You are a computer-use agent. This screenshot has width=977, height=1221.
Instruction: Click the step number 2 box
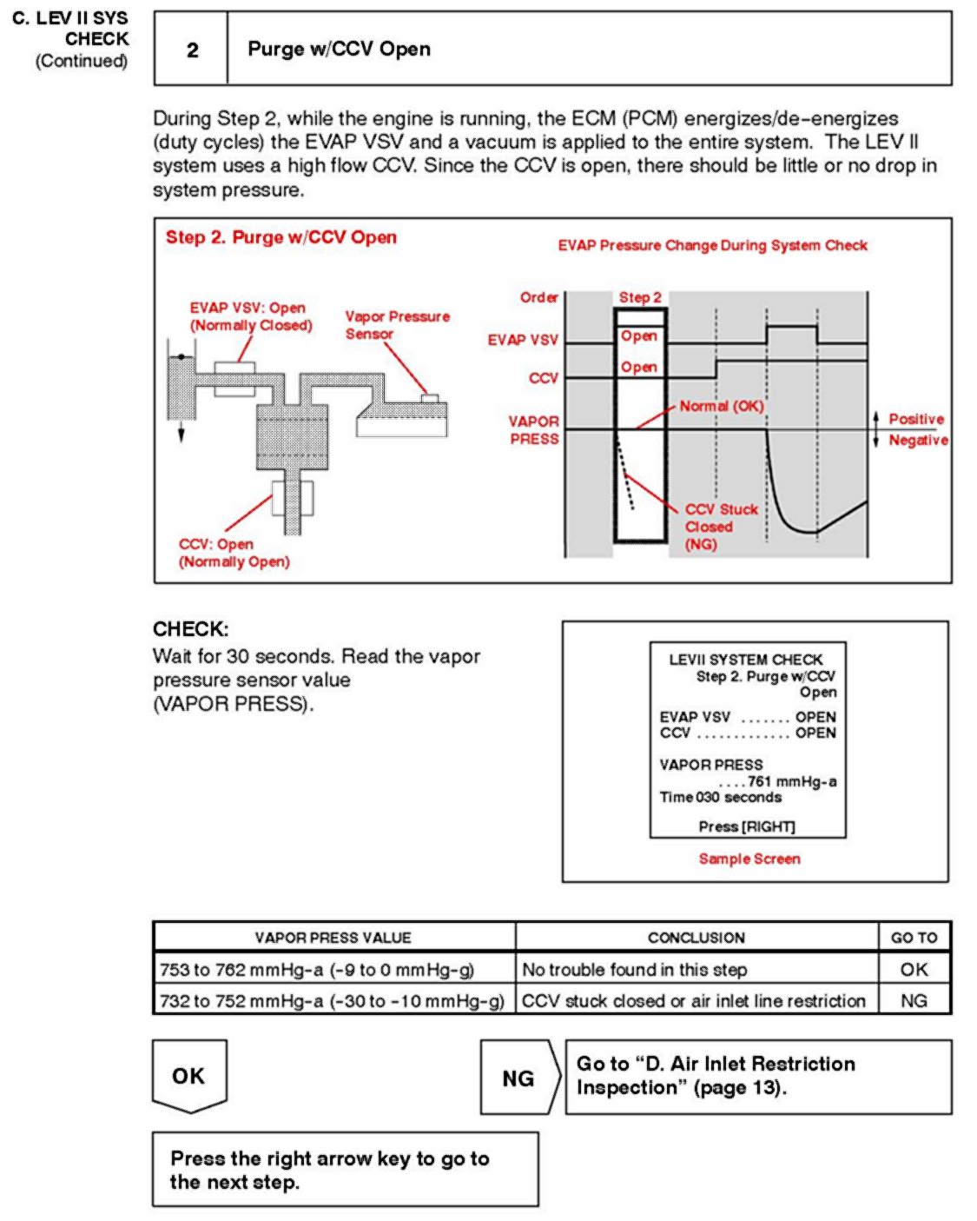192,50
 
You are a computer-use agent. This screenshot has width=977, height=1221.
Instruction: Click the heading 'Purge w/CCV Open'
339,50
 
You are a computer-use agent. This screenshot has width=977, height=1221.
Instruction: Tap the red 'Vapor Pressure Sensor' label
397,325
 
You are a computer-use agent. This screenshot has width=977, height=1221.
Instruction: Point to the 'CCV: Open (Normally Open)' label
234,553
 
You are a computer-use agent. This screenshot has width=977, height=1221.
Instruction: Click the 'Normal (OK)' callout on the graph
721,406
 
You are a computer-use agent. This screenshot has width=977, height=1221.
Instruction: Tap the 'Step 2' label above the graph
640,297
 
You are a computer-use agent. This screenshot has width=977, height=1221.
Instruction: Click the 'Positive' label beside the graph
915,419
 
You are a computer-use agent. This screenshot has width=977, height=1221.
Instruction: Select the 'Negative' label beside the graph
918,441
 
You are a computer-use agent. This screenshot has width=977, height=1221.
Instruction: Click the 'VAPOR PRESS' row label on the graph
533,430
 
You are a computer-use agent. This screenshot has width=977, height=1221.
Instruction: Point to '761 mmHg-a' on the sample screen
791,781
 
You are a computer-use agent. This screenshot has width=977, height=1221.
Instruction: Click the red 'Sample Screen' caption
749,859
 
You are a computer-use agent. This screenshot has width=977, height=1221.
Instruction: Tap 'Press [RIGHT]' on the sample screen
747,826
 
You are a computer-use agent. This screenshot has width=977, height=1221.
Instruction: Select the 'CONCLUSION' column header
696,938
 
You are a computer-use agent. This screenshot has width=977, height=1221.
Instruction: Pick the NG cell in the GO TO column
914,1001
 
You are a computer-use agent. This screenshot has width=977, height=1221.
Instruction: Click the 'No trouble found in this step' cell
634,970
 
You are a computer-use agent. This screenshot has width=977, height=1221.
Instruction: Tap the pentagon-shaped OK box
189,1076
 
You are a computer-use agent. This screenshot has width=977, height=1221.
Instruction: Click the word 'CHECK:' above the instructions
191,629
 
